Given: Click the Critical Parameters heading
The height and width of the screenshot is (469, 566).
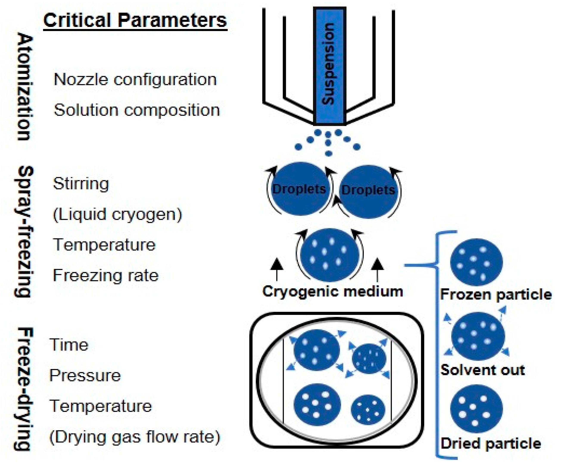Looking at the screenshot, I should [135, 20].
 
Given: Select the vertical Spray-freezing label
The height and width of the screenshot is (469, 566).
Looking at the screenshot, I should [24, 232].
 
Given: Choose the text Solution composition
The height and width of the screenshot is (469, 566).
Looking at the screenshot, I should [137, 110].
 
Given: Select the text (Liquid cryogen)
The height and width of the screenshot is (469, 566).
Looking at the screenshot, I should [117, 215].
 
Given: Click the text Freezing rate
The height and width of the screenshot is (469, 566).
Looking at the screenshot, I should [106, 276].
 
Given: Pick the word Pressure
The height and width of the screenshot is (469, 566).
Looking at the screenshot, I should [85, 375].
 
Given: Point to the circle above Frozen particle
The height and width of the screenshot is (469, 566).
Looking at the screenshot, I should [476, 262].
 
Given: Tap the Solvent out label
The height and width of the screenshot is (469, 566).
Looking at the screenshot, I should [482, 370].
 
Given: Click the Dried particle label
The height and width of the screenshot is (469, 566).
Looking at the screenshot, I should [491, 444].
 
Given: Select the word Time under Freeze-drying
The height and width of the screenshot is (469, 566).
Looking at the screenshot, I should [69, 345].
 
